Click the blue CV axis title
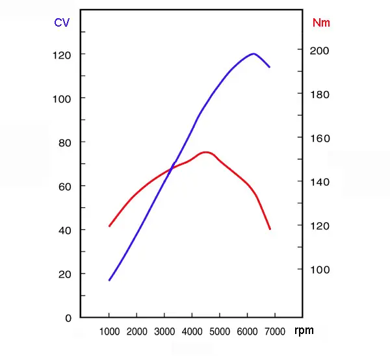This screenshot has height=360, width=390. [x=62, y=23]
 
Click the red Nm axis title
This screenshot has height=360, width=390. [x=321, y=23]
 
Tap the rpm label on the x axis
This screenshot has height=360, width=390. [x=304, y=331]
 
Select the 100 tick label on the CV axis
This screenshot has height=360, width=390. [x=62, y=98]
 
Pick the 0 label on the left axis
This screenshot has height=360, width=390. [x=68, y=318]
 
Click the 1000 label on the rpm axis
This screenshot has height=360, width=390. [x=109, y=332]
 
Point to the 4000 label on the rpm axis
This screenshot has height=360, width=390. [x=192, y=332]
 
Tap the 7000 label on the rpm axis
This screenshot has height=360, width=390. [x=275, y=332]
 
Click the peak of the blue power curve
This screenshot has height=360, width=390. [x=253, y=54]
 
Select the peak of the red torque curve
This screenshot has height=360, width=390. [x=206, y=152]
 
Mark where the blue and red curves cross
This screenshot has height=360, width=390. [x=172, y=169]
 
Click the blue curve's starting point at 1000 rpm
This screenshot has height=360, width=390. [x=109, y=280]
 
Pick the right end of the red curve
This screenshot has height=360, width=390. [x=270, y=229]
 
